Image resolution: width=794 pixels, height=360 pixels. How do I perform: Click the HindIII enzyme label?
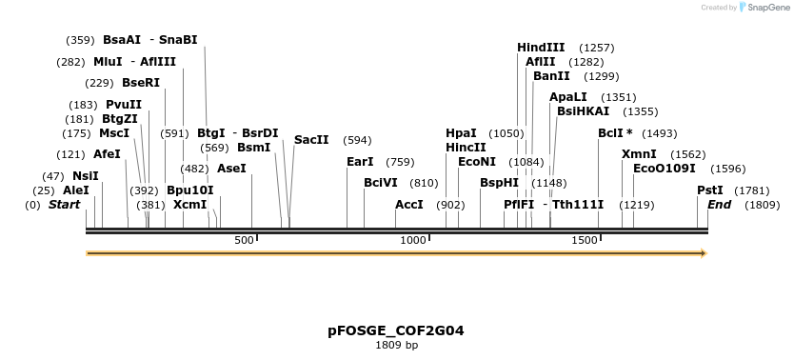541,48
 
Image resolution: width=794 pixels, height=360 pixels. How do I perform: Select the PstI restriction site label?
710,190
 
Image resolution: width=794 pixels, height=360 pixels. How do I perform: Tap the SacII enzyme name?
311,140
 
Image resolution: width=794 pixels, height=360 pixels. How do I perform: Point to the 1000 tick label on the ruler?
413,240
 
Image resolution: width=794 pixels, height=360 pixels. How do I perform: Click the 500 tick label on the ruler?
244,240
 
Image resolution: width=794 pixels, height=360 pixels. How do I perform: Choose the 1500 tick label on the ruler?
584,240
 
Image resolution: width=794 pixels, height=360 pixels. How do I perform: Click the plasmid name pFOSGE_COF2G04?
396,330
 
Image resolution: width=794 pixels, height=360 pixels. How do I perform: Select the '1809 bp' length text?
396,345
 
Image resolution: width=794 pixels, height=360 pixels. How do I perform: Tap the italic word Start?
64,205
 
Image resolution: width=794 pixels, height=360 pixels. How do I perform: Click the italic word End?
719,205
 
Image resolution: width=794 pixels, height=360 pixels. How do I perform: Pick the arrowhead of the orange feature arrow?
704,253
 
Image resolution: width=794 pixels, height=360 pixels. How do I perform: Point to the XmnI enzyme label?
639,154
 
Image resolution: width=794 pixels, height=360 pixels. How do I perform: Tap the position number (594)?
357,140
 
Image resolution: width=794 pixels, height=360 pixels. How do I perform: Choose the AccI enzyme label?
409,205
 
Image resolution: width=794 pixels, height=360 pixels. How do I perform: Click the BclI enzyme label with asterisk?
615,133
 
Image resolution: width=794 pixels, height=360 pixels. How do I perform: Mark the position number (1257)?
597,48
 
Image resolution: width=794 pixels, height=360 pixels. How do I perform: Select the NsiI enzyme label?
86,176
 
